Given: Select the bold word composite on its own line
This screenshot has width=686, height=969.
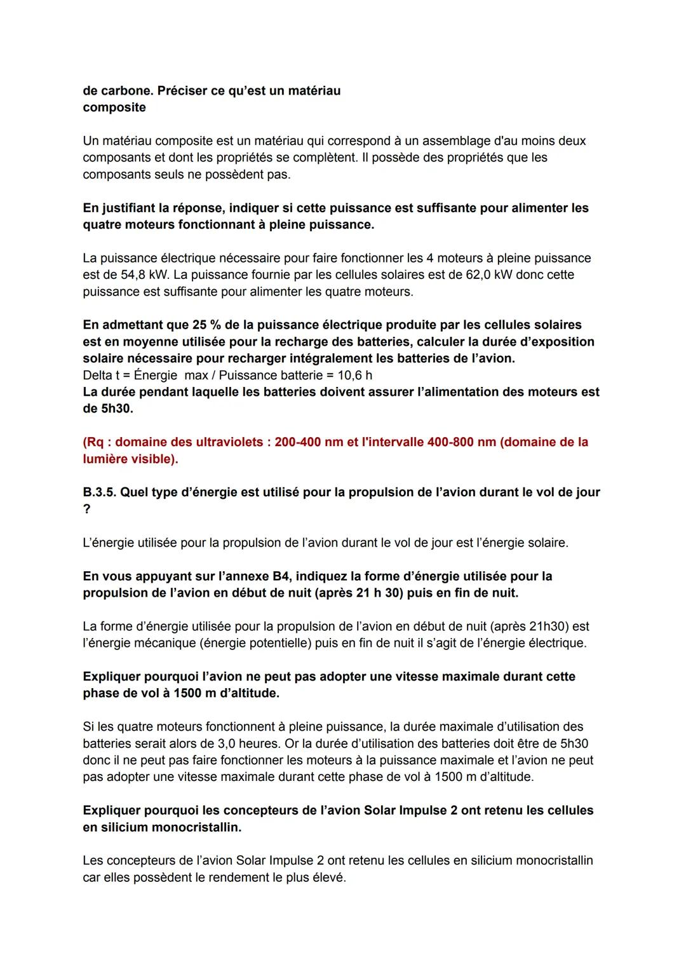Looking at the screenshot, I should [x=114, y=107].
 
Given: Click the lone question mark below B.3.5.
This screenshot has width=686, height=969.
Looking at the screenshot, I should [x=86, y=509].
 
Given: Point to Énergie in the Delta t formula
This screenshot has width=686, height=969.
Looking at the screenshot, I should [x=156, y=375].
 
